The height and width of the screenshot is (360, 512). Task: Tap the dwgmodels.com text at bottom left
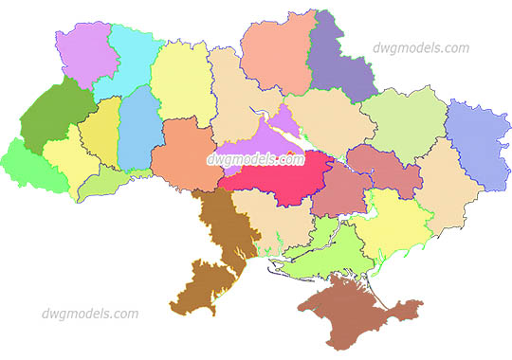click(90, 314)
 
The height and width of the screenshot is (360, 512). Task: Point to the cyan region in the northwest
click(128, 62)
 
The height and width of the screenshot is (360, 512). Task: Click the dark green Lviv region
click(54, 118)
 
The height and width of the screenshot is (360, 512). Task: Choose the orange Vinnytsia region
click(185, 156)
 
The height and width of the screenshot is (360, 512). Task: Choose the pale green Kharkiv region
click(403, 118)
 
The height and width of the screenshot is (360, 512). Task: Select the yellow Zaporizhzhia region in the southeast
click(393, 223)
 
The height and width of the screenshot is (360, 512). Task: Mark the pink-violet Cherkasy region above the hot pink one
click(284, 131)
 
